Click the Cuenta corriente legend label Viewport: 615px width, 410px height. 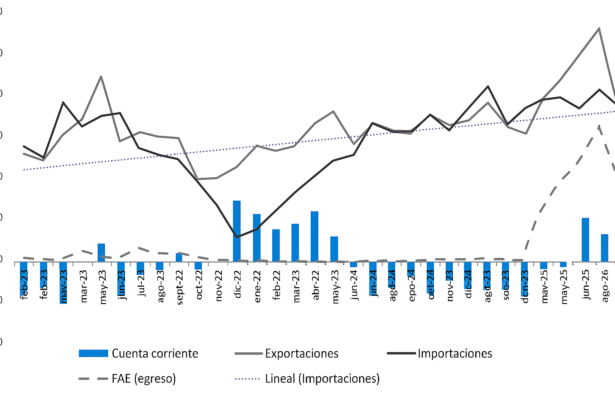(x=155, y=354)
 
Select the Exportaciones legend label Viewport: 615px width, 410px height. (x=301, y=354)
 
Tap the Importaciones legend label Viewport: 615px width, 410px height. (x=455, y=354)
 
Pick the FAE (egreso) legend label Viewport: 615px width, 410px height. (x=144, y=378)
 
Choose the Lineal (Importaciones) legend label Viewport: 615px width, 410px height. (x=322, y=378)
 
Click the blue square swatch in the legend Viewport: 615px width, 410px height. (x=93, y=353)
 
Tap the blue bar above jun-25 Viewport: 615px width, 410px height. (x=585, y=240)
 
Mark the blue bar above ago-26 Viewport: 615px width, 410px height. (x=605, y=248)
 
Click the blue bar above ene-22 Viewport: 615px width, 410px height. (x=257, y=238)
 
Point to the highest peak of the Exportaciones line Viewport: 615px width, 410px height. (x=599, y=28)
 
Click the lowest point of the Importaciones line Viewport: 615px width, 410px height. (x=237, y=237)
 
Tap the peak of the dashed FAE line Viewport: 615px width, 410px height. (x=599, y=125)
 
